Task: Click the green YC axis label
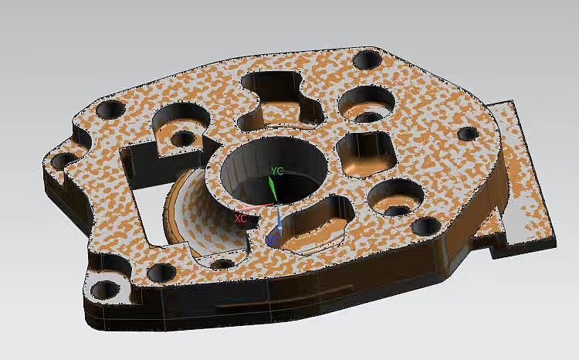[277, 171]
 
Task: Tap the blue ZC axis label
[272, 241]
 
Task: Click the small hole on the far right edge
[467, 134]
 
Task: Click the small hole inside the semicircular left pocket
[183, 138]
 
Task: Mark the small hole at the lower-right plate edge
[426, 226]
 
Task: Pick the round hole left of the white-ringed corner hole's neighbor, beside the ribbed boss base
[164, 272]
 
